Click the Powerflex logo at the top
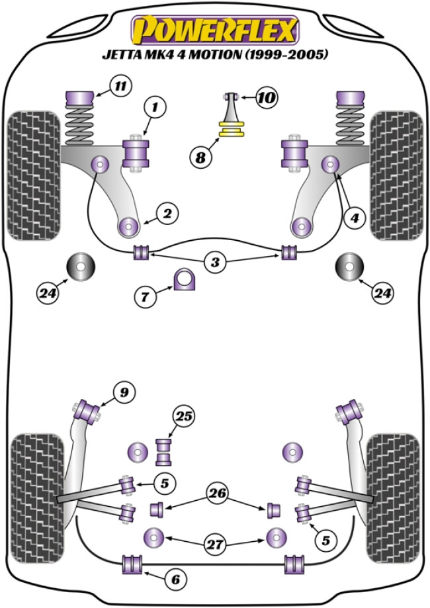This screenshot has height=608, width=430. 214,30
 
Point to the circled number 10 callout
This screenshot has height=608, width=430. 267,99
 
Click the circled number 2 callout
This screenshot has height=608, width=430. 167,213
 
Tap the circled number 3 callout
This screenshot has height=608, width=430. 214,263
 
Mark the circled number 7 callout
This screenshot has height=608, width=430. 146,297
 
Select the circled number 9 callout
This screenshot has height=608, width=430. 124,393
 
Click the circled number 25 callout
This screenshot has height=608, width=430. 183,416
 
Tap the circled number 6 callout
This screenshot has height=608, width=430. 175,580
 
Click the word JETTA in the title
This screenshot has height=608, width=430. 121,56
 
